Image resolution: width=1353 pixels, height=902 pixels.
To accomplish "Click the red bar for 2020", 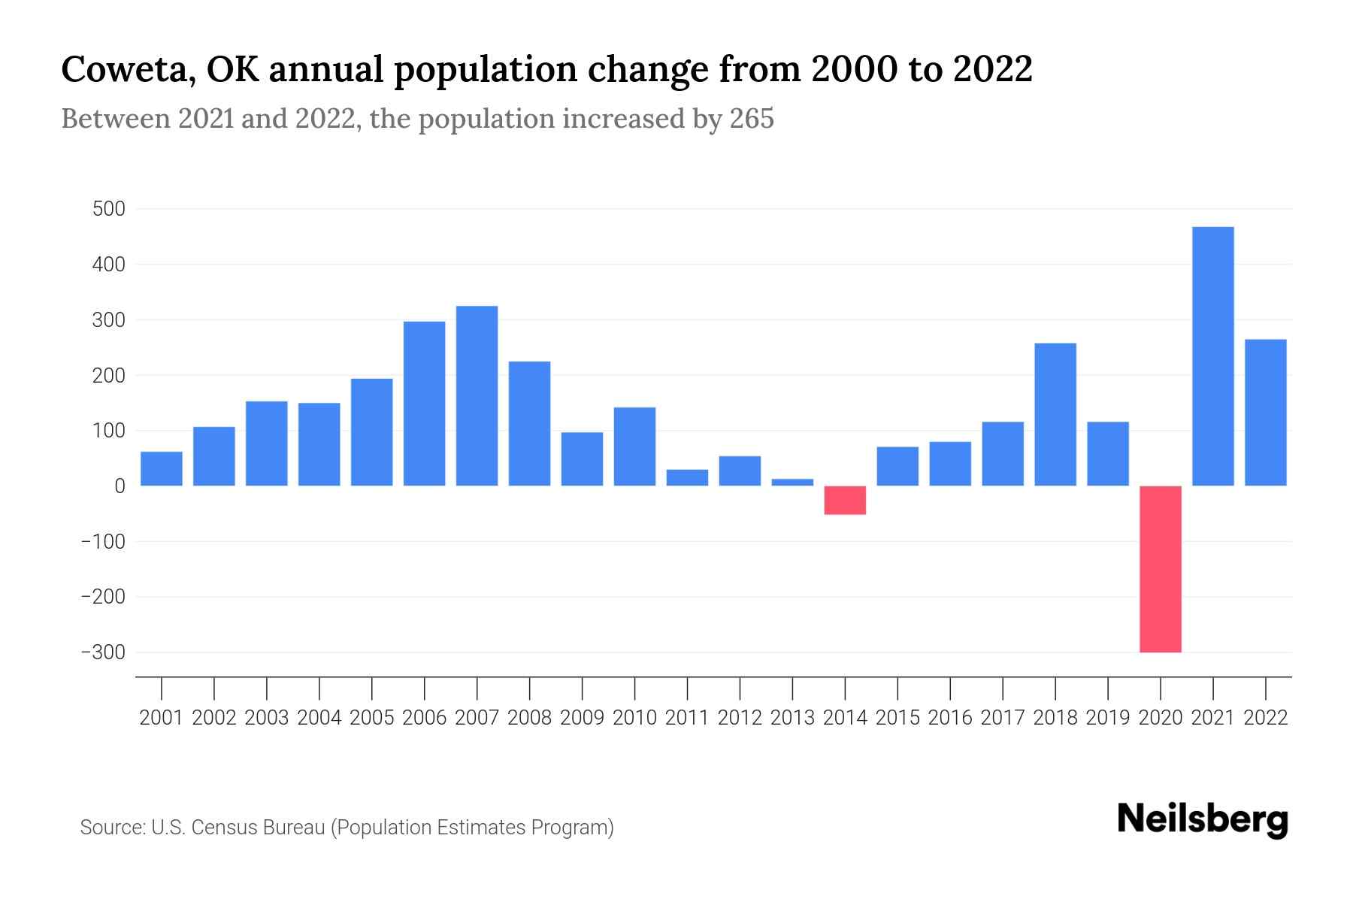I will pyautogui.click(x=1161, y=569).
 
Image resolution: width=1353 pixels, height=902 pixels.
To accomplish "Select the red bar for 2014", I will pyautogui.click(x=845, y=500).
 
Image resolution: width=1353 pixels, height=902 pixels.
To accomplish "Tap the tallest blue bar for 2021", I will pyautogui.click(x=1213, y=356).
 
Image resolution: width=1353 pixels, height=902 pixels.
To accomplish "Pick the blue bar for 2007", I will pyautogui.click(x=477, y=395).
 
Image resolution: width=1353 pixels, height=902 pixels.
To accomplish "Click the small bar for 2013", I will pyautogui.click(x=792, y=482).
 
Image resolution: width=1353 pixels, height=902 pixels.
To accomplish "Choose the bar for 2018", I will pyautogui.click(x=1055, y=414).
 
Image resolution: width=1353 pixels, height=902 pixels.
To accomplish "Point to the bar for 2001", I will pyautogui.click(x=162, y=468).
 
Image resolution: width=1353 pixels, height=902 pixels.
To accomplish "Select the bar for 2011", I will pyautogui.click(x=687, y=477).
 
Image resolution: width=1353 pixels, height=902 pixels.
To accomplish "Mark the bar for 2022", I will pyautogui.click(x=1266, y=413).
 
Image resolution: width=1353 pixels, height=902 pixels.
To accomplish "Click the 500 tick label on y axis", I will pyautogui.click(x=108, y=209).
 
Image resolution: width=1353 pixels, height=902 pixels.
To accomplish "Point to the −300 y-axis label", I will pyautogui.click(x=103, y=652).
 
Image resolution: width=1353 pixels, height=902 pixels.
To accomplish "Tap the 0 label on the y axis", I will pyautogui.click(x=120, y=486).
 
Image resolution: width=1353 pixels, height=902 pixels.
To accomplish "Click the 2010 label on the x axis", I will pyautogui.click(x=634, y=718).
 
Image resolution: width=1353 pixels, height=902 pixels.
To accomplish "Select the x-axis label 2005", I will pyautogui.click(x=372, y=718).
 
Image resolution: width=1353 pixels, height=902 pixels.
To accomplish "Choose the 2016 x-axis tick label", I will pyautogui.click(x=950, y=718).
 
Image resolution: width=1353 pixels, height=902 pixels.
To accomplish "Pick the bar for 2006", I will pyautogui.click(x=424, y=404).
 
